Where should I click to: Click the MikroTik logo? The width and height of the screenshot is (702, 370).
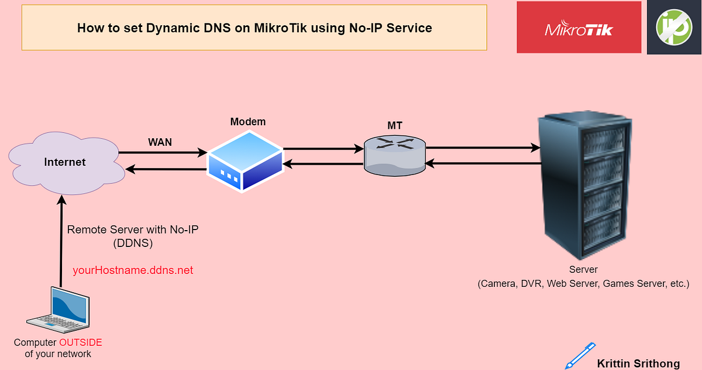[x=579, y=28]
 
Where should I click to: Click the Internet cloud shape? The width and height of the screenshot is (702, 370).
[x=65, y=162]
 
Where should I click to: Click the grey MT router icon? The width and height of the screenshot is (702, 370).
[x=394, y=155]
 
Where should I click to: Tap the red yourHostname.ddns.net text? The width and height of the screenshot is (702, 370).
[x=133, y=270]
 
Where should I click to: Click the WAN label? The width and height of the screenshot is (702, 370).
[x=160, y=142]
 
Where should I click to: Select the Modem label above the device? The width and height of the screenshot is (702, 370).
[x=247, y=122]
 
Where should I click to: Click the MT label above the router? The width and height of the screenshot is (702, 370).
[x=394, y=125]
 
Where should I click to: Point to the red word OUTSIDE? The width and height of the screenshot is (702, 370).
[x=80, y=342]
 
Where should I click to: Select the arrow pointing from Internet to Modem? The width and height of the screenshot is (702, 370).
[x=163, y=153]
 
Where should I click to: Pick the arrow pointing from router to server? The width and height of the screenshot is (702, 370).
[x=482, y=148]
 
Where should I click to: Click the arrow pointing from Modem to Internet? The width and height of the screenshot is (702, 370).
[x=167, y=170]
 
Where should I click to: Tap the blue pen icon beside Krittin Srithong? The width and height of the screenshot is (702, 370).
[x=579, y=356]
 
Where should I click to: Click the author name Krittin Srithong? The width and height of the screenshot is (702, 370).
[x=638, y=364]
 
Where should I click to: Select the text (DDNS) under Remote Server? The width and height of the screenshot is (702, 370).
[x=133, y=242]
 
